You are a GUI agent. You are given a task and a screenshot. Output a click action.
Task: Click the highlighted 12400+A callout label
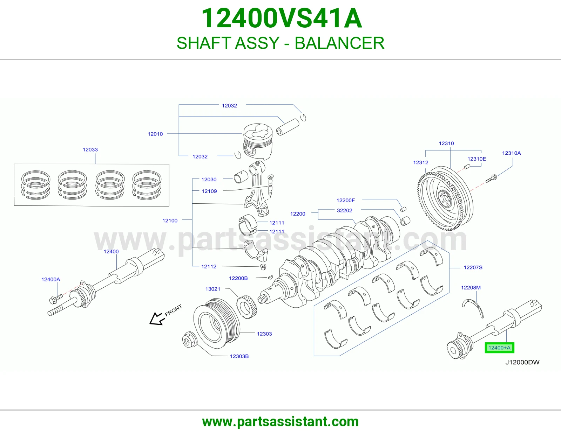coord(499,348)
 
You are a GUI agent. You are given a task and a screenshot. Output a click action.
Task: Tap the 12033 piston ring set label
coord(90,149)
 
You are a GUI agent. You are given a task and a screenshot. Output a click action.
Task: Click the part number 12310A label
coord(512,153)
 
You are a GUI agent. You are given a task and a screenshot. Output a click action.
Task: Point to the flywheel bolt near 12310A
coord(491,178)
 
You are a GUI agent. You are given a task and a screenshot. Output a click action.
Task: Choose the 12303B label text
coord(239,356)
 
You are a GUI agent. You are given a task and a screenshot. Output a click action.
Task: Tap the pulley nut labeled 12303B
coord(189,339)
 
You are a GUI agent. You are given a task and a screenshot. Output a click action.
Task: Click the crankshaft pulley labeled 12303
coord(217,324)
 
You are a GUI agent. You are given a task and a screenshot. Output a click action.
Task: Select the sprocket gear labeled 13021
coord(246,307)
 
